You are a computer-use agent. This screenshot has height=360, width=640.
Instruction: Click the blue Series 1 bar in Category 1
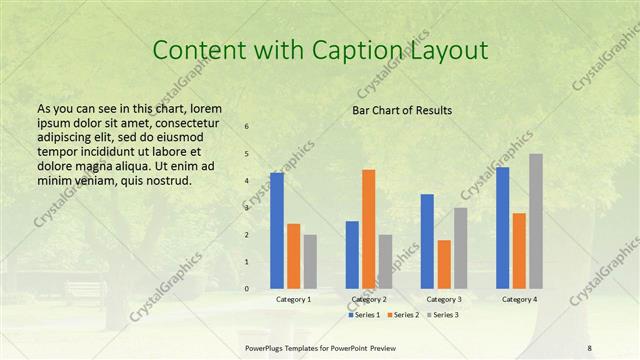tap(277, 231)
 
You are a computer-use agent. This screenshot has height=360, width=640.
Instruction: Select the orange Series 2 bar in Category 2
tap(368, 229)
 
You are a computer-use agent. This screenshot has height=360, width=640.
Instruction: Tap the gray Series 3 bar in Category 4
tap(536, 221)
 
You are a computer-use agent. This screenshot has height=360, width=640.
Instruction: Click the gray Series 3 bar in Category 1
tap(310, 262)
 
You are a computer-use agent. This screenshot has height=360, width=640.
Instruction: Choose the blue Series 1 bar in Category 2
tap(352, 255)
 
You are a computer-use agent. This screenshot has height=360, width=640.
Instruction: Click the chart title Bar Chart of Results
tap(402, 110)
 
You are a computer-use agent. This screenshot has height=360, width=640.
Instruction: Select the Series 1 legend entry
tap(365, 315)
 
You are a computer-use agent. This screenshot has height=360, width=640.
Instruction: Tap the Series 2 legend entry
tap(402, 315)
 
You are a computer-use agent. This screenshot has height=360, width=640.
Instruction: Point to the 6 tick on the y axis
tap(247, 127)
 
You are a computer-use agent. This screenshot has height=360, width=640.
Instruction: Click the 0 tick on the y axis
tap(247, 289)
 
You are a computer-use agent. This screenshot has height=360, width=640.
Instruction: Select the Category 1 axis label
tap(293, 299)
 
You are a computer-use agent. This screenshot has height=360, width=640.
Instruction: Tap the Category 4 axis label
tap(519, 299)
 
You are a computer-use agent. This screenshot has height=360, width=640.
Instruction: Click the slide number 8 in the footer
tap(589, 347)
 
